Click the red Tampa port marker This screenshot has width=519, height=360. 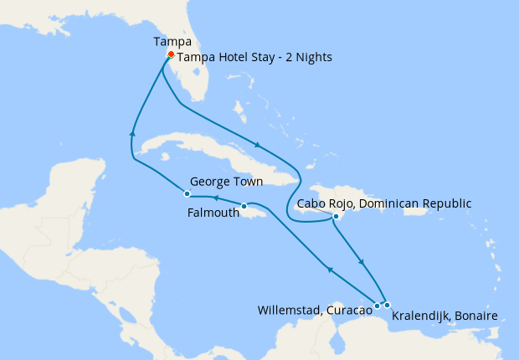coord(171,55)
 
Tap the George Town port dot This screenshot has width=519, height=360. coord(188,194)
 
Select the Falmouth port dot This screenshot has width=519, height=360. coord(244,206)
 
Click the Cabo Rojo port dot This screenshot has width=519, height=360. coord(336,217)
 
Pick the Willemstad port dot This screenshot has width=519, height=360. coord(378,306)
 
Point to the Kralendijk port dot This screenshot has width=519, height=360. coord(388,305)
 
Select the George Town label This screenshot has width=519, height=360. coord(226,181)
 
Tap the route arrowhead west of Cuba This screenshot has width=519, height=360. coord(132,131)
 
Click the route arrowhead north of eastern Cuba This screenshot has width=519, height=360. coord(255,143)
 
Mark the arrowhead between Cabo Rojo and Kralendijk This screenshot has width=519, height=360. coord(362,261)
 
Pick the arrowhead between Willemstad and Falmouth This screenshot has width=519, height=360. coord(329,270)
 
